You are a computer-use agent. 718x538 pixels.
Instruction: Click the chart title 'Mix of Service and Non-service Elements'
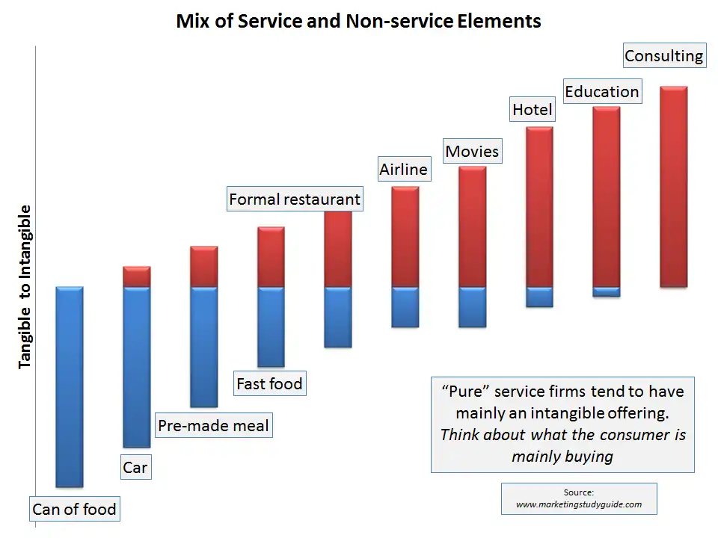pos(358,21)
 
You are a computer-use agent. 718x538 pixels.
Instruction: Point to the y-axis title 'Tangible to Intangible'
pos(25,285)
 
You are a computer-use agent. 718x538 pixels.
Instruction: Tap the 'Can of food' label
pos(74,510)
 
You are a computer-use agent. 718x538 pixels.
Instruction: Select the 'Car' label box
pos(135,468)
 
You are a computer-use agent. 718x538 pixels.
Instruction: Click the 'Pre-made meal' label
pos(213,426)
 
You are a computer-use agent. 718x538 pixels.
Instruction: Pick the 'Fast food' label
pos(269,384)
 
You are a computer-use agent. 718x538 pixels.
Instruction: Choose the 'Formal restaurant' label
pos(294,200)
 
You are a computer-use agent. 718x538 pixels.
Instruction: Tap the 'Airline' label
pos(403,170)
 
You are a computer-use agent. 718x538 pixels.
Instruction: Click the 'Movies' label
pos(472,152)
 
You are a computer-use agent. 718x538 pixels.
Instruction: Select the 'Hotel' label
pos(532,110)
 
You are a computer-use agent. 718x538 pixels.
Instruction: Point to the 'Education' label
pos(601,92)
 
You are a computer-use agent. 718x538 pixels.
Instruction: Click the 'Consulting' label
pos(663,56)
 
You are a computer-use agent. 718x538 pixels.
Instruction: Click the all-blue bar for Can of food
pos(70,386)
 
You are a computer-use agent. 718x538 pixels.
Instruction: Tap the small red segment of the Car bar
pos(137,276)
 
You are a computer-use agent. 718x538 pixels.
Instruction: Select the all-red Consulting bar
pos(673,187)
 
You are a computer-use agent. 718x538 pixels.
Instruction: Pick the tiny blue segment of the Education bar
pos(606,292)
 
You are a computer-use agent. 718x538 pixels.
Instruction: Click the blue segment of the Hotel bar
pos(539,297)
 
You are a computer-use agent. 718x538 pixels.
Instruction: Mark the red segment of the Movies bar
pos(472,226)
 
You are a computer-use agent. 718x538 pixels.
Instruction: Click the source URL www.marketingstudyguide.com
pos(579,504)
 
